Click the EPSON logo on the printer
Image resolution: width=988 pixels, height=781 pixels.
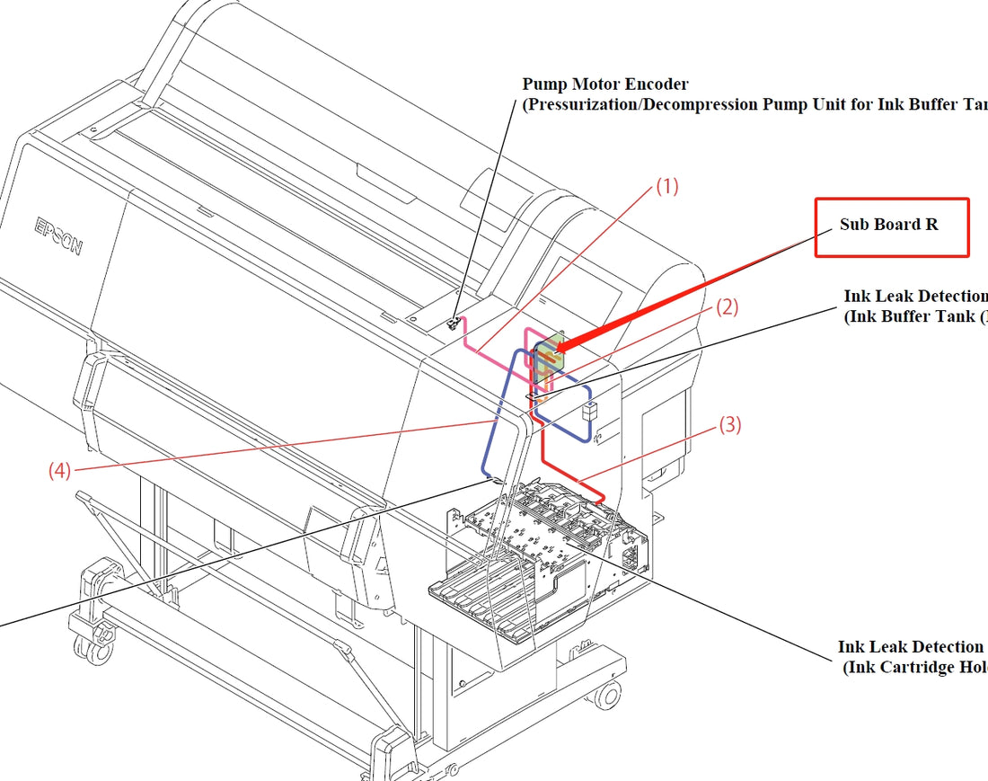[x=59, y=235]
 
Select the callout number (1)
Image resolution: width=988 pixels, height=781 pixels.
[x=666, y=187]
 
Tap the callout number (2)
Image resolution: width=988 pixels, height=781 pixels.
[x=727, y=307]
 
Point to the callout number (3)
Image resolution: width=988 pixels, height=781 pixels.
[x=730, y=425]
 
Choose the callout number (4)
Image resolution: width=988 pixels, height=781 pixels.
[x=60, y=470]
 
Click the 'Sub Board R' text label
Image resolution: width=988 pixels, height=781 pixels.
[x=888, y=225]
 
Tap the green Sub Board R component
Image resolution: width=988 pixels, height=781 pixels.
[x=548, y=354]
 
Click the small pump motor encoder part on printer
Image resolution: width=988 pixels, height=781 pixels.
[x=454, y=322]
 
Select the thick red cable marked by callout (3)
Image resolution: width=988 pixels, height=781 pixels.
[x=575, y=476]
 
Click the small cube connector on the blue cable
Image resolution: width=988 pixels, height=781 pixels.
[x=588, y=413]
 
